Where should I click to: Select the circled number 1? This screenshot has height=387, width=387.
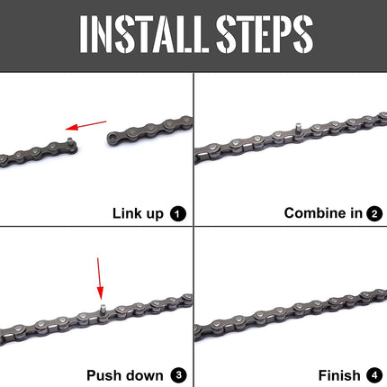[177, 213]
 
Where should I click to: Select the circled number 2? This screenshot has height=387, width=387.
[373, 213]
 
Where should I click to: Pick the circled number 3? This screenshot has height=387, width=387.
[177, 374]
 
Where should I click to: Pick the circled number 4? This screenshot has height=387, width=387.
[373, 374]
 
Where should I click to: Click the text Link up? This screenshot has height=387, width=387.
[137, 213]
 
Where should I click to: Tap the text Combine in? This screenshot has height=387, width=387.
[323, 213]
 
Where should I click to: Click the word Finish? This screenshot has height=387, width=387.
[339, 374]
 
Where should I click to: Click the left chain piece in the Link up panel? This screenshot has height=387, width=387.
[36, 148]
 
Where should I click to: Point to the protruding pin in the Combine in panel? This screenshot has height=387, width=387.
[294, 130]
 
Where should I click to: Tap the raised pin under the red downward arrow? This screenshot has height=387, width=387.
[102, 309]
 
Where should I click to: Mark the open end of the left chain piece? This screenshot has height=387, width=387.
[68, 143]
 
